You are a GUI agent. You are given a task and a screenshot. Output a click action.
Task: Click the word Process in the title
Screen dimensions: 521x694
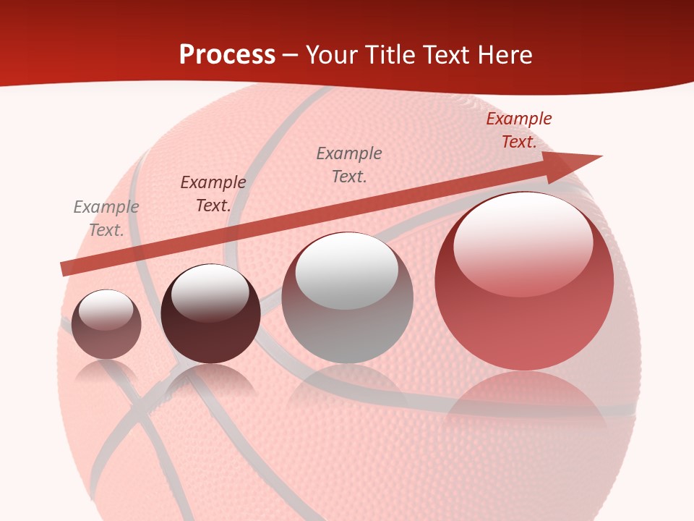point(227,55)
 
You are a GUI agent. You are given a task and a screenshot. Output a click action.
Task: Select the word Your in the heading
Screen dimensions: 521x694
point(331,55)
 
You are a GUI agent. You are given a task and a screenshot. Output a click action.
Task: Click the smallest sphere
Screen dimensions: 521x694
point(106,325)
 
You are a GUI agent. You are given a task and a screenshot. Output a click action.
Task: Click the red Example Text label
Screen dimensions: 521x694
point(518,130)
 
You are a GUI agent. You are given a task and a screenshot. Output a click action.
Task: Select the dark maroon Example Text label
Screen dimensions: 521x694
point(213,194)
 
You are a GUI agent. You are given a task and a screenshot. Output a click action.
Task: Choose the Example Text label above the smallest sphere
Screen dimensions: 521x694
point(106,219)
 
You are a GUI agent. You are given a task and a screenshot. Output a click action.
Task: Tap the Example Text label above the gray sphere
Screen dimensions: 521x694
point(349,164)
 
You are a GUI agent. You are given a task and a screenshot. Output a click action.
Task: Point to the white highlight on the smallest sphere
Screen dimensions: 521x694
point(106,310)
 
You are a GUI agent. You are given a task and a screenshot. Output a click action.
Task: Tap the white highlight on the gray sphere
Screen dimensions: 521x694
point(347,269)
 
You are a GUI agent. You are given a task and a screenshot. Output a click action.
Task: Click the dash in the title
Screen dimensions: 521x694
point(290,55)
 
